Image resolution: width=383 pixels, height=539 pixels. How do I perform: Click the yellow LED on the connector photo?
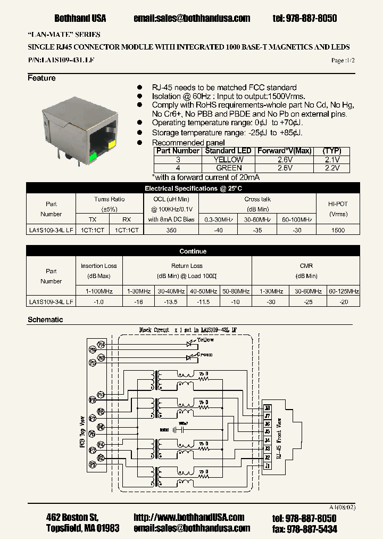coord(112,144)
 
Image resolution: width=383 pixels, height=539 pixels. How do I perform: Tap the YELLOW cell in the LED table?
coord(228,159)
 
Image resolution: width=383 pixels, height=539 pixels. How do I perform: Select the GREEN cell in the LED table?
coord(228,168)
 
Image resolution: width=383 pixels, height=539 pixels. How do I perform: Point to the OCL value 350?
coord(170,230)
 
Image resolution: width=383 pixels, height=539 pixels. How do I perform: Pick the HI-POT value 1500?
coord(338,230)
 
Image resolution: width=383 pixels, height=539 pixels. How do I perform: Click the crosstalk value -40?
coord(218,230)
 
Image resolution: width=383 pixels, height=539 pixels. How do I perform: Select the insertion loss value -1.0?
coord(99,301)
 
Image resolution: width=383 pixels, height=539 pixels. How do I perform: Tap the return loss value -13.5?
coord(171,301)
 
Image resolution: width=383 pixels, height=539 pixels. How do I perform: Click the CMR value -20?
coord(344,301)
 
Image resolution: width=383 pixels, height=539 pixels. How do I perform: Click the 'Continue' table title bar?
coord(193,251)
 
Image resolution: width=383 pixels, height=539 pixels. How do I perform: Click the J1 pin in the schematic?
coord(267,466)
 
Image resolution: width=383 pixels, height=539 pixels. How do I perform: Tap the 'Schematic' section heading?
coord(45,320)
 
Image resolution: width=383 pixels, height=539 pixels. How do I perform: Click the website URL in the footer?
coord(189,517)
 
